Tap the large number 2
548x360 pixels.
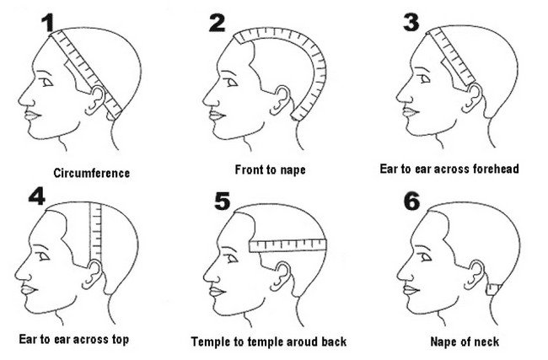218,23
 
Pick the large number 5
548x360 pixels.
222,203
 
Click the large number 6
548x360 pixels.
411,201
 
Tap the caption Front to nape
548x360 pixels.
271,169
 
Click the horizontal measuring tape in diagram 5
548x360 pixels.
287,245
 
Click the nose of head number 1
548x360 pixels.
23,86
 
